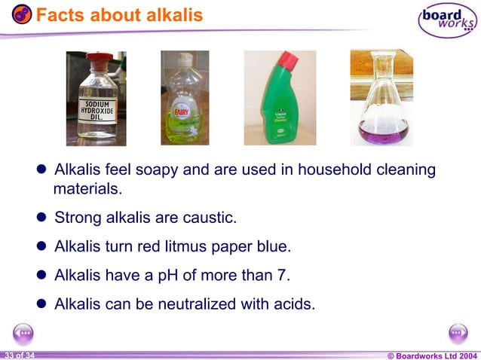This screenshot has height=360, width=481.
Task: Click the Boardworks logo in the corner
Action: point(447,20)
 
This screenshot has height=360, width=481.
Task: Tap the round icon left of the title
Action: point(22,14)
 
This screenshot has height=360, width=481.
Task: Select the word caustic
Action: point(207,218)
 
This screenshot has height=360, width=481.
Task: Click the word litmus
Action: point(198,247)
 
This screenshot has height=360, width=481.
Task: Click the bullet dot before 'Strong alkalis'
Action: point(42,218)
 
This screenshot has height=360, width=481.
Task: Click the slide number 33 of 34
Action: point(18,355)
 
